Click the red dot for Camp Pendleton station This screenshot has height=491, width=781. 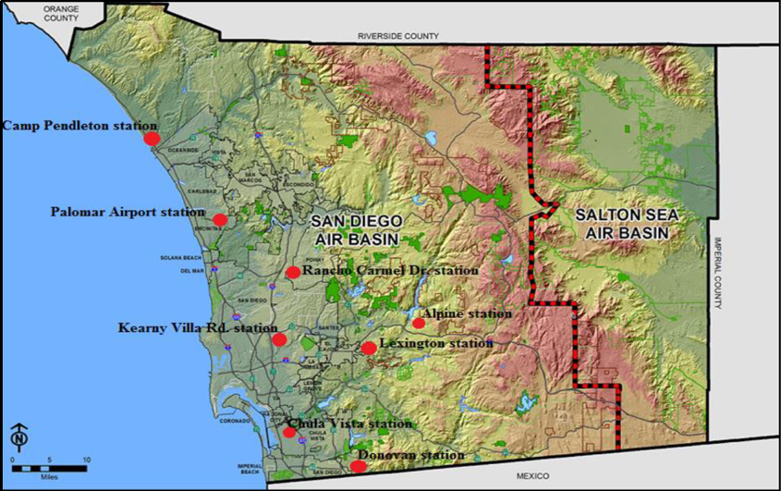tap(153, 138)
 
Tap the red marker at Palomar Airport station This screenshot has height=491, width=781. tap(220, 219)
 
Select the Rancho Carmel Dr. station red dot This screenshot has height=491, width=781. tap(293, 272)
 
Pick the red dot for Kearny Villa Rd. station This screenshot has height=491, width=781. tap(279, 339)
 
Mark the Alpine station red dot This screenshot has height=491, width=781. tap(419, 323)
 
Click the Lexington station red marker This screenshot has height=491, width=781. tap(369, 348)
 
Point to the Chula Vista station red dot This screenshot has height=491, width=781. tap(289, 432)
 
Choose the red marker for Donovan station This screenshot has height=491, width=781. tap(358, 466)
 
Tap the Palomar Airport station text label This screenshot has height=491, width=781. tap(128, 212)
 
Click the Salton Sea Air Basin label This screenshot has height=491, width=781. tap(621, 223)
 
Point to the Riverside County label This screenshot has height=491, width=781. tap(398, 35)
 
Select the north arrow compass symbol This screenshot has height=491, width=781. tap(19, 436)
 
